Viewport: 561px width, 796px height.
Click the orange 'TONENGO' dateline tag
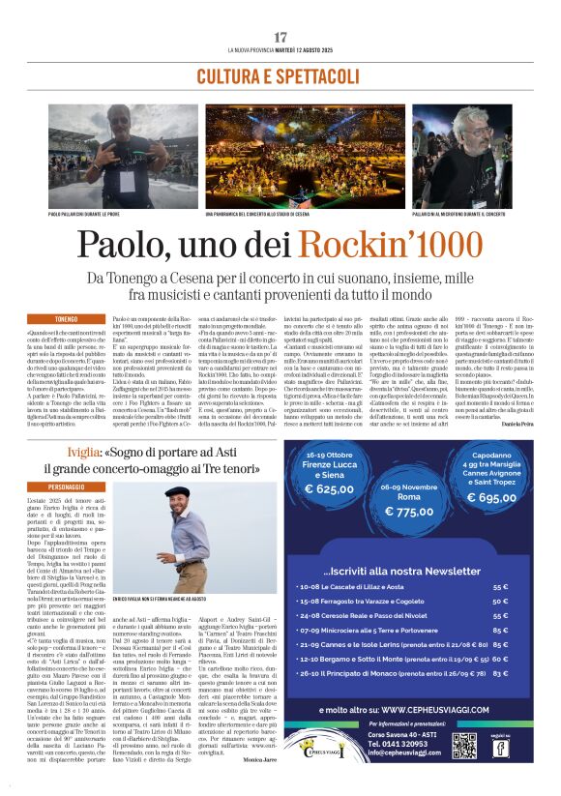66,319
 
